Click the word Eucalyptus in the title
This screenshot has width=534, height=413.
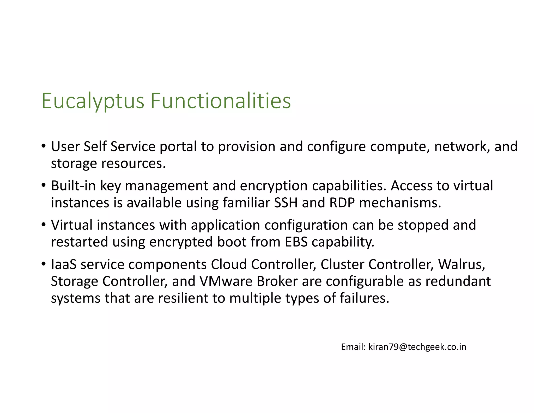(x=93, y=101)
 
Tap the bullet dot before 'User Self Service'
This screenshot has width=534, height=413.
(x=44, y=146)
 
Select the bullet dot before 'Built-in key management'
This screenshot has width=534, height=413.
(x=44, y=185)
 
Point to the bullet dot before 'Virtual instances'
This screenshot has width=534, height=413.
(x=44, y=225)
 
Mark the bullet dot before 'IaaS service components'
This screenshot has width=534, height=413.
(x=44, y=264)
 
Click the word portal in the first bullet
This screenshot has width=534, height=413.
(x=178, y=147)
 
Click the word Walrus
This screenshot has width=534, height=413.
(x=462, y=264)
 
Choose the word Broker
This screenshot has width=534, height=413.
(x=277, y=281)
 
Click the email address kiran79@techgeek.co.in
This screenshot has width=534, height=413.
(x=417, y=347)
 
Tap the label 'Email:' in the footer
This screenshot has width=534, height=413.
(x=354, y=347)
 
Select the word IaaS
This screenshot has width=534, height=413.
(x=64, y=264)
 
